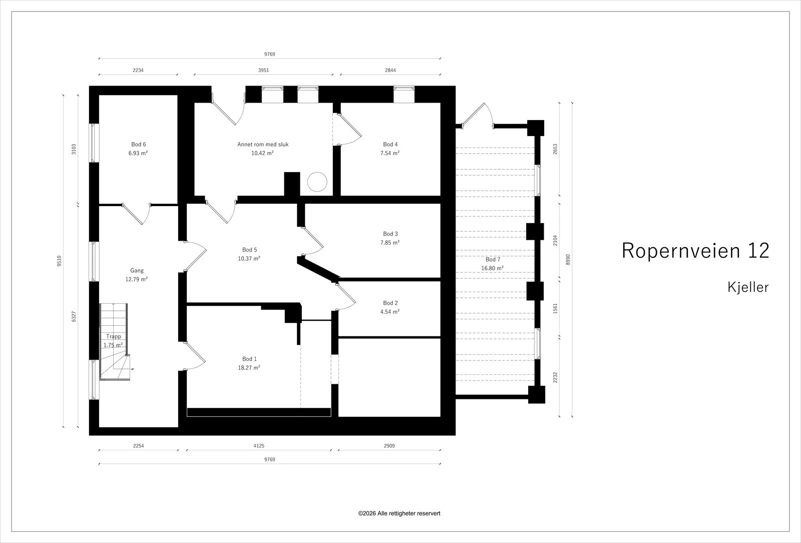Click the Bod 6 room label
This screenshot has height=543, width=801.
(138, 145)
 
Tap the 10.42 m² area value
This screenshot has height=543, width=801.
(262, 153)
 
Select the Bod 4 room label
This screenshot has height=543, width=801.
(390, 145)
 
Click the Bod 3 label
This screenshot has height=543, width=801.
(390, 234)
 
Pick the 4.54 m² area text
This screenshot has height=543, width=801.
(390, 312)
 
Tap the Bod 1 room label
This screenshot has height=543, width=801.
(249, 359)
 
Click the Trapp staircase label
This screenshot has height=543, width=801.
(113, 336)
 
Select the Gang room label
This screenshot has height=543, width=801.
(137, 271)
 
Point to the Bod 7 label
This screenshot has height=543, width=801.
(493, 260)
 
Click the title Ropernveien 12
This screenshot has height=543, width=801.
(695, 250)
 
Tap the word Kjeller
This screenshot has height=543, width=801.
(748, 287)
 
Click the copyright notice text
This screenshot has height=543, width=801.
(399, 513)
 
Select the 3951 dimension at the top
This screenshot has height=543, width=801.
(263, 71)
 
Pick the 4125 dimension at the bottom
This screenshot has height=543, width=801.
(259, 446)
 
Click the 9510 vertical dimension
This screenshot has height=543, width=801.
(60, 261)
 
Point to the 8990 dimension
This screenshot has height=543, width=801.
(568, 260)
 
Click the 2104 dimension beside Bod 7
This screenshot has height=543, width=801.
(555, 241)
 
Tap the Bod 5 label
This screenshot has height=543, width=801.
(249, 250)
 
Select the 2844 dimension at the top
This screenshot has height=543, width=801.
(390, 71)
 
